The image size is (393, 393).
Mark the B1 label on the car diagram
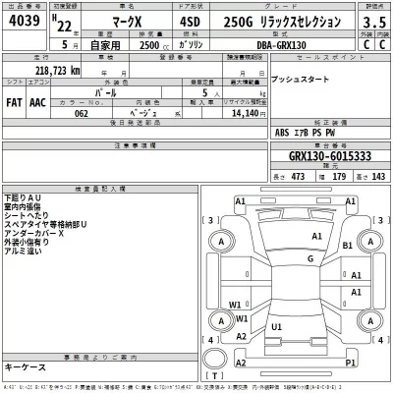tap(348, 245)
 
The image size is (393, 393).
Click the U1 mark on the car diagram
tap(277, 326)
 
